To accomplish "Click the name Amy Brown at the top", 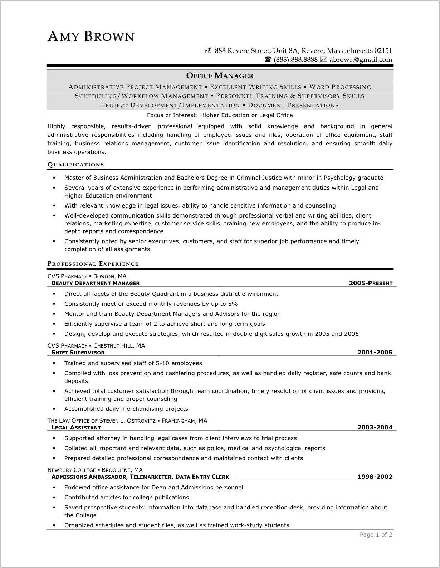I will point(91,36).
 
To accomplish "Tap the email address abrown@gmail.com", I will point(361,60).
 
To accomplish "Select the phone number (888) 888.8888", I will point(295,60).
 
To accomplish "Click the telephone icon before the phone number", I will point(268,60).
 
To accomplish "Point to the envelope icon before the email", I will point(323,60).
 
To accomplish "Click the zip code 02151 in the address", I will point(383,51).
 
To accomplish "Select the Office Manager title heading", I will point(220,76).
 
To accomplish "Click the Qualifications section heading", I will point(76,165).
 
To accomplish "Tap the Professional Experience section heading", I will point(93,264).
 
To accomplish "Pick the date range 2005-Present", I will point(371,283).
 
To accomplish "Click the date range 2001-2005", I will point(375,353).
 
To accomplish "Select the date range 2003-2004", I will point(375,428).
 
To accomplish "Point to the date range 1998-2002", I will point(375,477).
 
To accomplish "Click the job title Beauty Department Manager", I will point(96,283).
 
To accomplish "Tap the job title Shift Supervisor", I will point(78,353).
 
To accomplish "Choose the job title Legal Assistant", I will point(76,428).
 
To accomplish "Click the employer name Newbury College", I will point(72,470).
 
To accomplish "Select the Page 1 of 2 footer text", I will point(376,535).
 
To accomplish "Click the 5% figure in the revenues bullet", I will point(233,304).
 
